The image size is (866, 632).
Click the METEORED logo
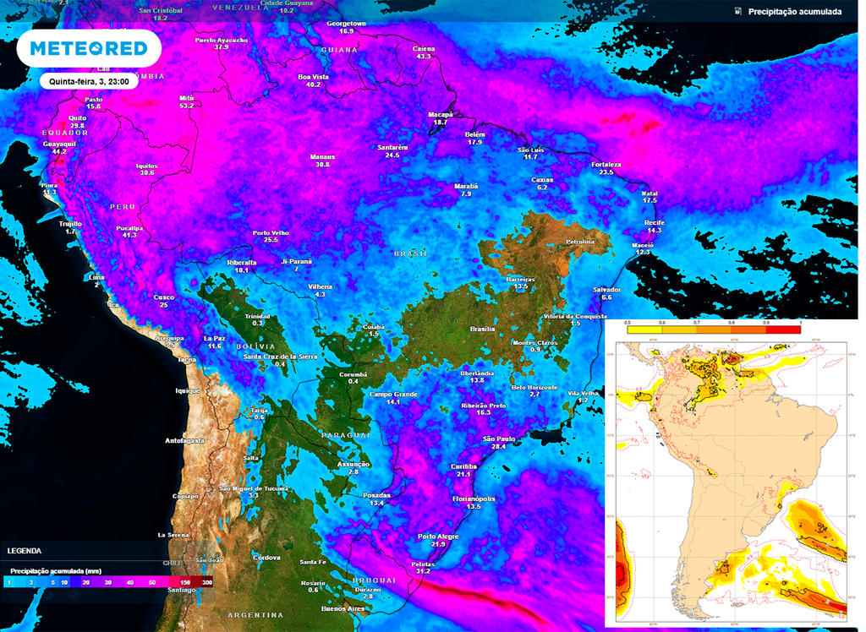[89, 49]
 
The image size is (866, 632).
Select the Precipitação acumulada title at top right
[794, 12]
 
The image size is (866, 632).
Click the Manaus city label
[322, 156]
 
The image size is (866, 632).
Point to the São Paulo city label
[499, 439]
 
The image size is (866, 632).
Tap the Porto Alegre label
[438, 537]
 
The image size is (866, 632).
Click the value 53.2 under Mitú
[187, 106]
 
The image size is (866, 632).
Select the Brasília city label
[482, 329]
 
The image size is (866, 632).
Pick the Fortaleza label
[606, 164]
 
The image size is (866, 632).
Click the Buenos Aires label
[343, 608]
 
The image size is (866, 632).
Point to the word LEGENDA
[24, 551]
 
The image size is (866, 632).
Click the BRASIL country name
[412, 253]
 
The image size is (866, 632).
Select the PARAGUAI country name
[346, 434]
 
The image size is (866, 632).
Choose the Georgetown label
[346, 24]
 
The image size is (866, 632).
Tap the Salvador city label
[606, 289]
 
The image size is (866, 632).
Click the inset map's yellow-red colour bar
[713, 330]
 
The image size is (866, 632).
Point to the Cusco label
[163, 297]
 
